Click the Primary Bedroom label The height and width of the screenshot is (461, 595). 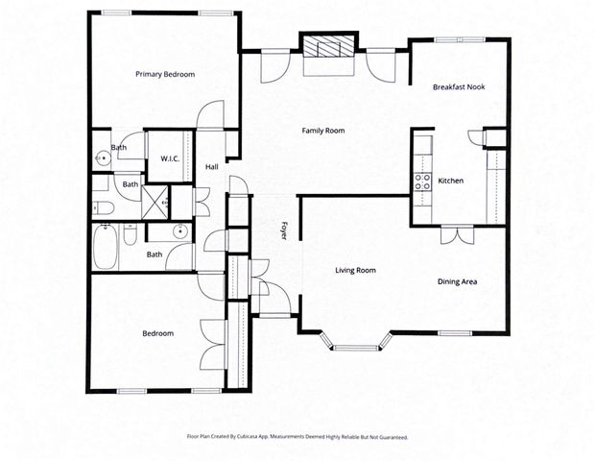[x=165, y=74]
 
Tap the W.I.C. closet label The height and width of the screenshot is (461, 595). [x=171, y=158]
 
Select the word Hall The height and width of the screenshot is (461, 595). [x=212, y=167]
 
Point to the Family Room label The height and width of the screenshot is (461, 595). [x=322, y=131]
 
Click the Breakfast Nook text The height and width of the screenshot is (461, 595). [x=459, y=86]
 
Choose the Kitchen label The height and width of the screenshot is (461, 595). [x=451, y=181]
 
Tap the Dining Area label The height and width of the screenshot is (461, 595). [x=457, y=281]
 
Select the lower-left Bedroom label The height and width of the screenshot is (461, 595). [x=158, y=333]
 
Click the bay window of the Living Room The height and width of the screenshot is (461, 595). [x=356, y=340]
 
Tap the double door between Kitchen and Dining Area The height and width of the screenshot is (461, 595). [x=456, y=234]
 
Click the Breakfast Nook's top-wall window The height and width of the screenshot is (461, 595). [x=471, y=40]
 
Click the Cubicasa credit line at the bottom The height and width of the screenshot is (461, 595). [x=297, y=437]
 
